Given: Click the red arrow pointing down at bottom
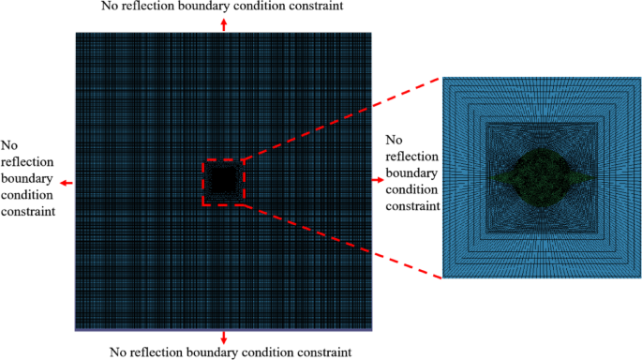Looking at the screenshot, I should tap(222, 337).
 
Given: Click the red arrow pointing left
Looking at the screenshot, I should tap(66, 183).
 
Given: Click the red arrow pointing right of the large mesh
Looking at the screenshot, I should tap(378, 176).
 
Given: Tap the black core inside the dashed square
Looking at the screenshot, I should tap(224, 181).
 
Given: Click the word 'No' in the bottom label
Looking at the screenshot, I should tap(118, 352).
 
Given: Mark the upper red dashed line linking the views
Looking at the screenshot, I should tap(342, 118).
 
